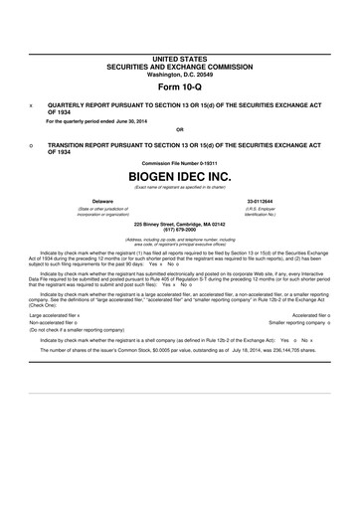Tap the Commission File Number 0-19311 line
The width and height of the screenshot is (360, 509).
coord(179,160)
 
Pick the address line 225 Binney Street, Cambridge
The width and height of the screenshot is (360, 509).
coord(179,223)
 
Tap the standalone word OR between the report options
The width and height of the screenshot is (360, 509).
coord(179,129)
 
